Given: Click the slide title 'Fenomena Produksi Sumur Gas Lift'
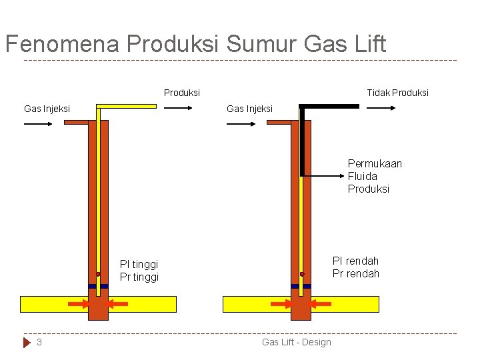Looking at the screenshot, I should coord(195,44).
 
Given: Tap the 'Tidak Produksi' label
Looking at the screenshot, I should coord(397,93).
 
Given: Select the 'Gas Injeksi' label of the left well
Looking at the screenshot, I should coord(47,109).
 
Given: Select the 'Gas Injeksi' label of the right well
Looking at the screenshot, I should coord(249,109).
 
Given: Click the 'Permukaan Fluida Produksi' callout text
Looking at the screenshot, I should coord(375,176).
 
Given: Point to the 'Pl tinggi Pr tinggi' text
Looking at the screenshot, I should coord(139,271).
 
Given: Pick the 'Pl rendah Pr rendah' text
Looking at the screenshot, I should coord(355,267).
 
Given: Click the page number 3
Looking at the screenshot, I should coord(39,342).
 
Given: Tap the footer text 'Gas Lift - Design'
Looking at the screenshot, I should coord(296,342).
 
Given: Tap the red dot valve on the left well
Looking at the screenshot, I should coord(98,274).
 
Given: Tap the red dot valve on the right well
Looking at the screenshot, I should coord(302,274).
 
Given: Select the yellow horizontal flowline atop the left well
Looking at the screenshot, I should coord(127,105).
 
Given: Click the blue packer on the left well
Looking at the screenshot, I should coord(98,286).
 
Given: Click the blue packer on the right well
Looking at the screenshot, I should coord(301,286).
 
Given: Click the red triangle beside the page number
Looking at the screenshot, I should coord(27,342).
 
